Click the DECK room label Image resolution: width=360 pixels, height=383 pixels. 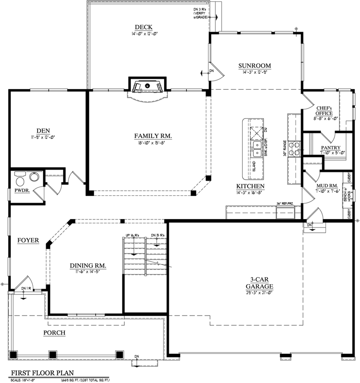(x=143, y=27)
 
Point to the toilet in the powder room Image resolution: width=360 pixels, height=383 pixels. (x=19, y=178)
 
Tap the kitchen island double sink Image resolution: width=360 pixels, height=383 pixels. (x=257, y=149)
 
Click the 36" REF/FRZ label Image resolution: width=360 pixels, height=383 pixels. (x=286, y=204)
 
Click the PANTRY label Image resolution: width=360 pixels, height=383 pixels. (x=330, y=148)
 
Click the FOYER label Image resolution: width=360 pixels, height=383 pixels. (x=28, y=240)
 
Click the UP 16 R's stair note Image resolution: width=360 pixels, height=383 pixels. (x=134, y=235)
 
